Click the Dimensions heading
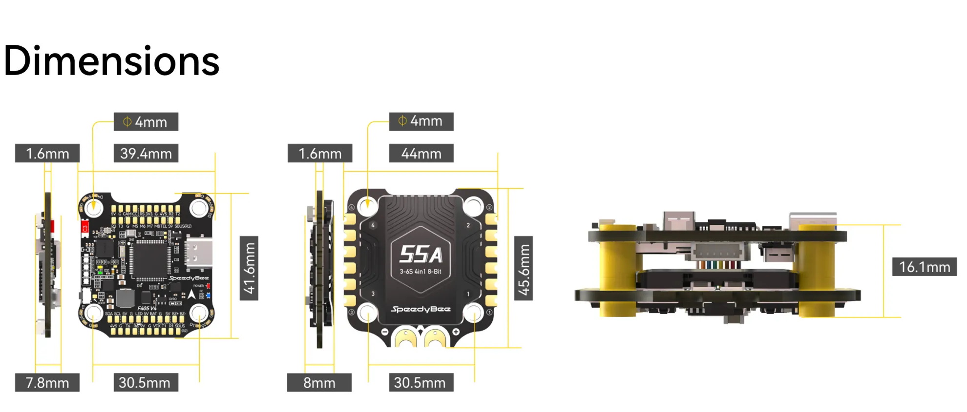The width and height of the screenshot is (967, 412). point(111,61)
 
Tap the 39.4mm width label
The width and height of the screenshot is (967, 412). point(146,154)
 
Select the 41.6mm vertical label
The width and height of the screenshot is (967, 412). point(249,268)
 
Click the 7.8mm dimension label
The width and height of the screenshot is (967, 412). point(47,383)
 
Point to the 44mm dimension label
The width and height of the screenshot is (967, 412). point(421,154)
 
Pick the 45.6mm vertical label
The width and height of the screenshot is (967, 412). point(524,269)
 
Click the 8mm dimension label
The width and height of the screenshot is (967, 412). point(319,383)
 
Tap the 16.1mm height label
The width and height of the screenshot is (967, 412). point(924,267)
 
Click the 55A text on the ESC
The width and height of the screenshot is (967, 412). point(420,255)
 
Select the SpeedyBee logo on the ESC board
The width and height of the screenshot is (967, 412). point(420,309)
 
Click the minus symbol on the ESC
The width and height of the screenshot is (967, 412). point(384,332)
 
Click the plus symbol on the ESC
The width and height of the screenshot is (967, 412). point(456,332)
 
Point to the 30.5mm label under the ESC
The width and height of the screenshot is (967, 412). point(420,383)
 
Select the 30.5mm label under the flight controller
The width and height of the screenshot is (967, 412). point(145,383)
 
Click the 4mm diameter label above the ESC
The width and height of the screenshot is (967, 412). point(421,121)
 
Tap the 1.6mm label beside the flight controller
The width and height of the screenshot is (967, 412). point(47,154)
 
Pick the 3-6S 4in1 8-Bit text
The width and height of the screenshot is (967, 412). point(420,272)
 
